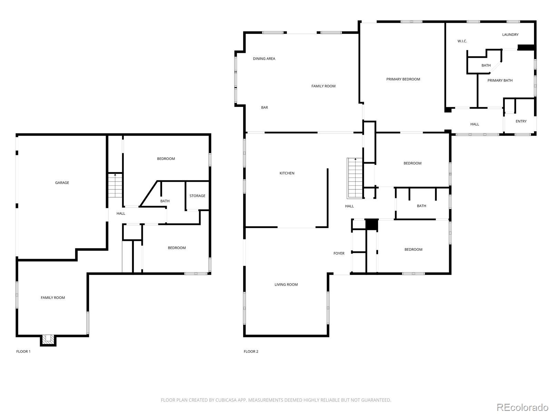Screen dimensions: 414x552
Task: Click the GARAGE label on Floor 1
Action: [x=62, y=183]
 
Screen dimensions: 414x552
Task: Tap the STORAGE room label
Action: [x=197, y=196]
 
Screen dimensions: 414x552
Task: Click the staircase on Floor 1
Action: [x=116, y=186]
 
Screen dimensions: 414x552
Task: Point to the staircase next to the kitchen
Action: [x=355, y=178]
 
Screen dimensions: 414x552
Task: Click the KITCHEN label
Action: [x=287, y=173]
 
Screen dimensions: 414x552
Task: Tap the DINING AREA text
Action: [x=264, y=59]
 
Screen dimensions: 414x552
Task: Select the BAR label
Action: [x=264, y=108]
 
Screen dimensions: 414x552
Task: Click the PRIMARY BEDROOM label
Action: [x=403, y=79]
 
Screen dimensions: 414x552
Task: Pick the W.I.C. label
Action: [x=462, y=41]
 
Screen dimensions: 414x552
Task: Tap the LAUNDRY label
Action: [x=510, y=34]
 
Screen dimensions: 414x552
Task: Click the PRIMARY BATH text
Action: [x=500, y=80]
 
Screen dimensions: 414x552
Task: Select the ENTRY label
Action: [x=521, y=121]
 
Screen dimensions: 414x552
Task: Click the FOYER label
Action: [x=339, y=253]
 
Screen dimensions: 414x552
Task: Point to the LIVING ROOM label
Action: [x=286, y=285]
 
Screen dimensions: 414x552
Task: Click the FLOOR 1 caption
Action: [x=23, y=352]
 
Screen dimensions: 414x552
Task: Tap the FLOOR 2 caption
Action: [x=251, y=352]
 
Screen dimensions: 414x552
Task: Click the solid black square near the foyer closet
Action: [x=372, y=225]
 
